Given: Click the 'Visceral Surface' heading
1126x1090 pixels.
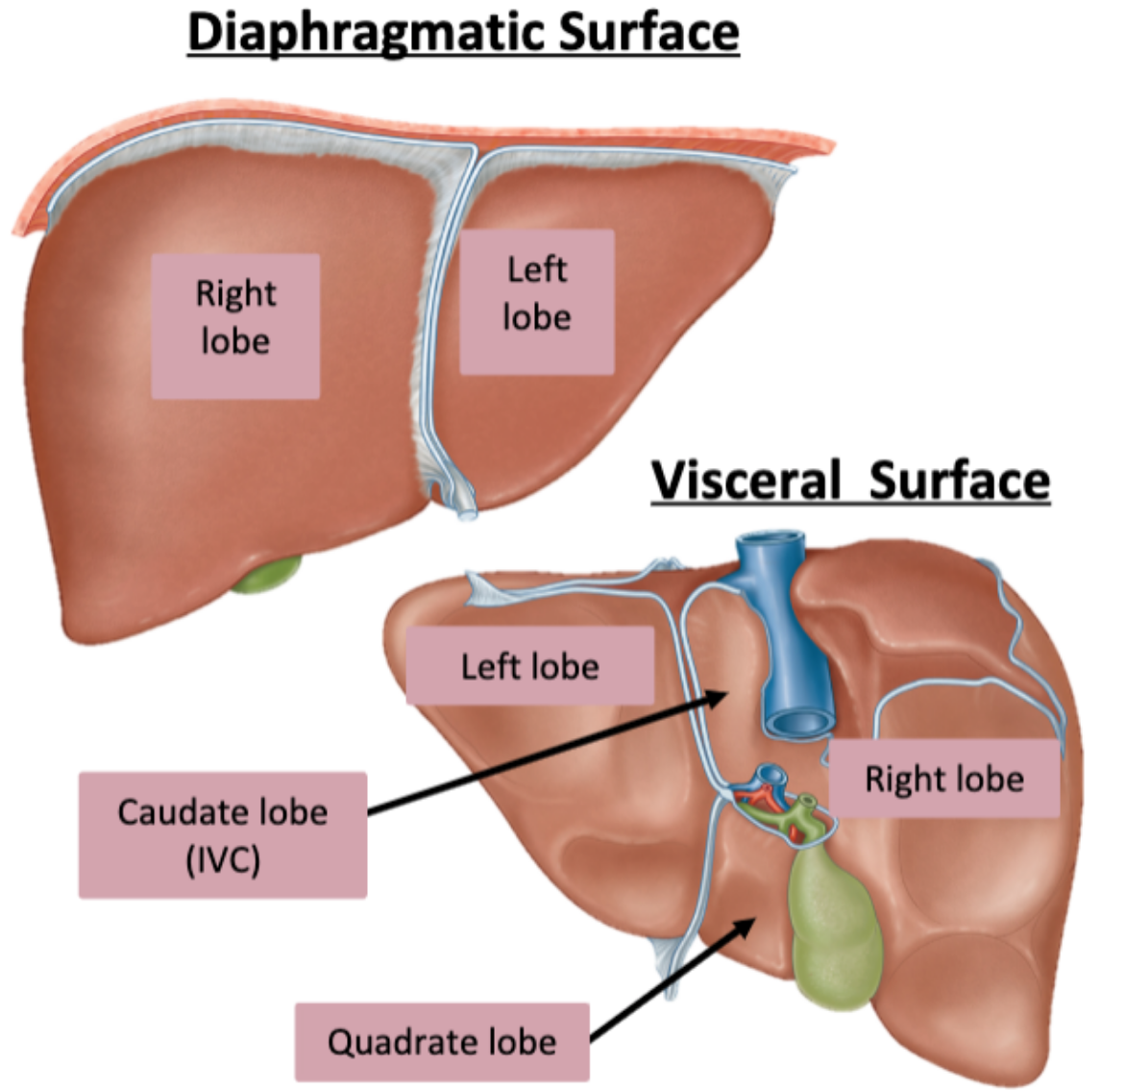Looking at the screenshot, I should pos(850,479).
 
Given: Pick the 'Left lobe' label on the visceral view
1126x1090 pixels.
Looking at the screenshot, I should pos(529,666).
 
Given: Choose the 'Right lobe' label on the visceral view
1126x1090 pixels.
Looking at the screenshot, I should pos(943,779).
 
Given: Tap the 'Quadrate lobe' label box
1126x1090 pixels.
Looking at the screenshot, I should pos(442,1042).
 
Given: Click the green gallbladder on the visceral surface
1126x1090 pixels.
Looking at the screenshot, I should pos(833,928).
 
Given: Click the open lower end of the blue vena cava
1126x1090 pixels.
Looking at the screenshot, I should pos(797,721).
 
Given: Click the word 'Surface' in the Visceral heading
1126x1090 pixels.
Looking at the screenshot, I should pos(960,479).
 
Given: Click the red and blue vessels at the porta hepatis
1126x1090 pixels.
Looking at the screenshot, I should pos(769,793).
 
